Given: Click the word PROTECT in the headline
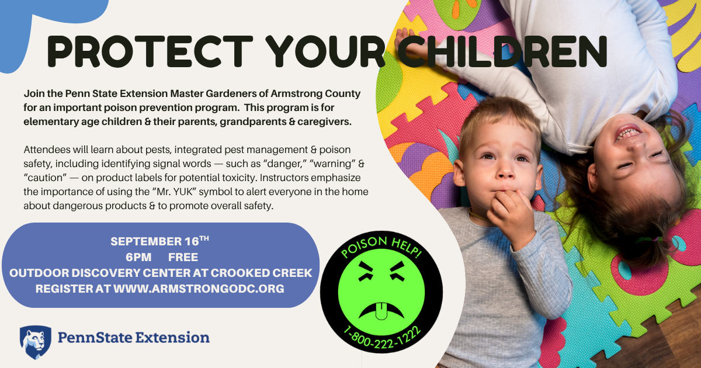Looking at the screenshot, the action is coord(150,51).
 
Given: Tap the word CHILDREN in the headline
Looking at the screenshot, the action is coord(502,51).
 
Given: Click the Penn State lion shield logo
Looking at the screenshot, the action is coord(36,342).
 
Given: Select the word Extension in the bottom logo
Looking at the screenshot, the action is coord(172,338).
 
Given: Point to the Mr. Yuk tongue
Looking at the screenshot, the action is coord(381,311).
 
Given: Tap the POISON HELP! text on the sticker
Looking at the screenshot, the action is coord(381,247).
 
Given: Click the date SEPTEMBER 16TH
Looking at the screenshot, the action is coord(159,241).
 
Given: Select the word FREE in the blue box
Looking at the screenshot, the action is coord(183,257).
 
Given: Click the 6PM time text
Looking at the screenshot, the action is coord(138,257).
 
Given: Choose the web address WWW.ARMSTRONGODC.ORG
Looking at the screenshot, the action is coord(199,289).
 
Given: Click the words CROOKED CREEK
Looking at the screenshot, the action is coord(261,273).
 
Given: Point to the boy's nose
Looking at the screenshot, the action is coord(505,171).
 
